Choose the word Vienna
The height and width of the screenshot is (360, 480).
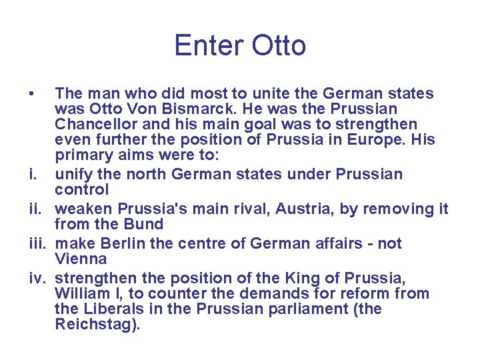81,259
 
